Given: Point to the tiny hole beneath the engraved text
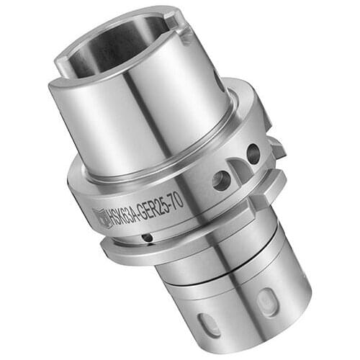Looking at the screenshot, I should (147, 238).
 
